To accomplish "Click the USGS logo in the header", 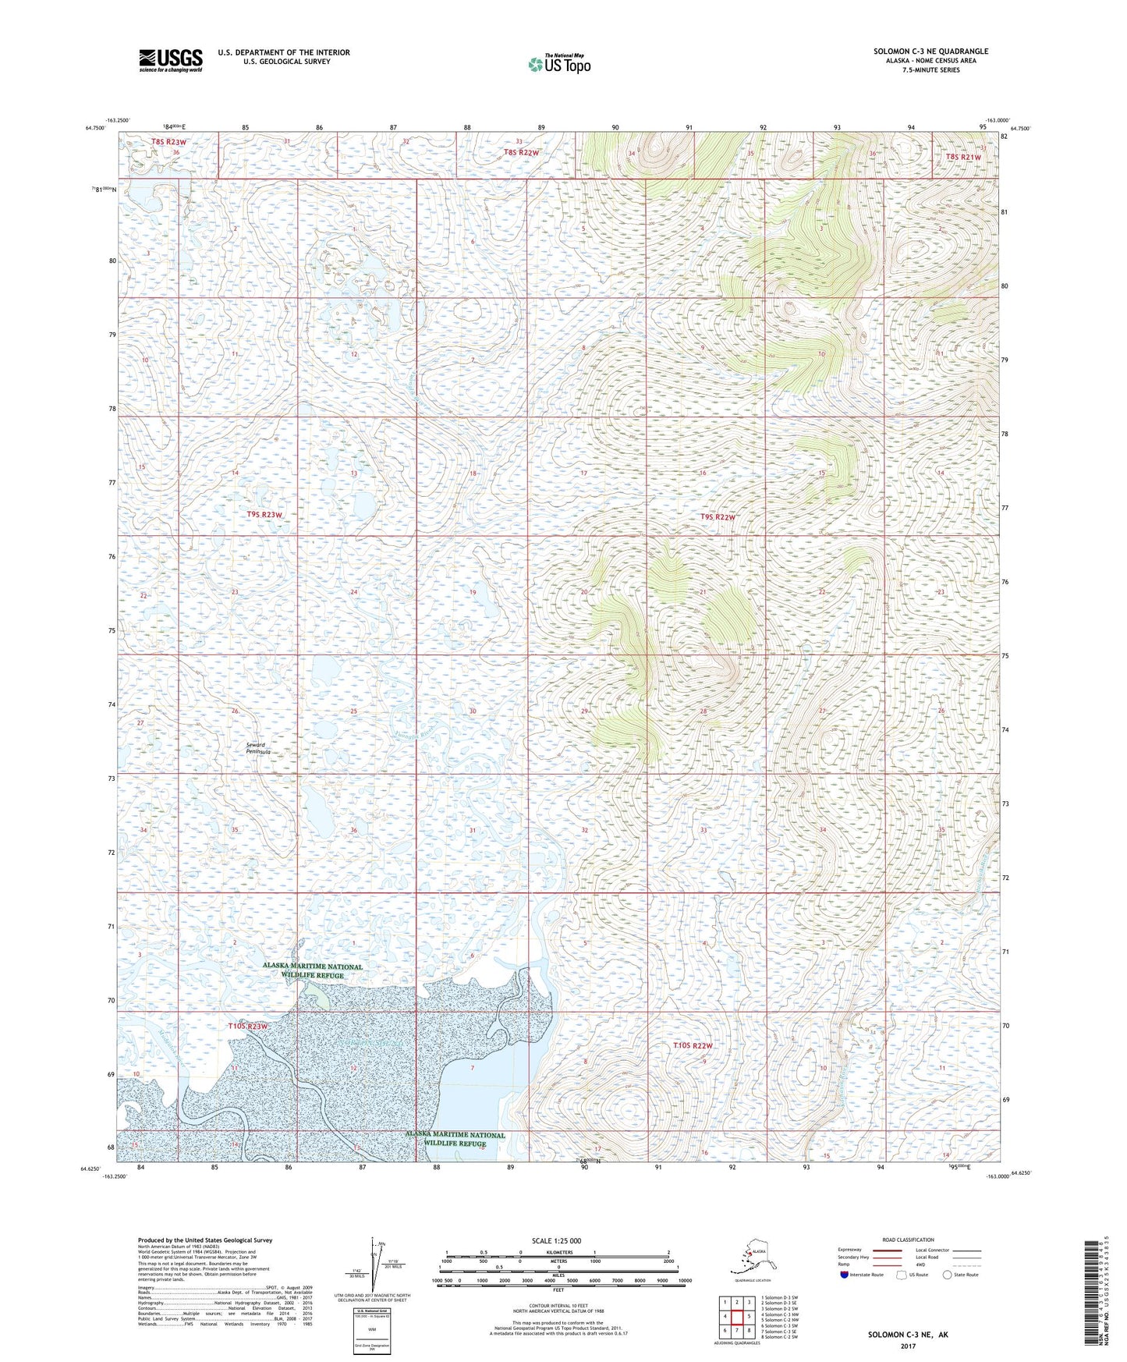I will click(x=170, y=60).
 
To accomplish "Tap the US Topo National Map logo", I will click(x=558, y=64).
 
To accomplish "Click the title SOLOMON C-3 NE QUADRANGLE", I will click(x=930, y=51).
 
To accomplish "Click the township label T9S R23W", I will click(x=264, y=515).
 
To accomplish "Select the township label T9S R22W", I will click(x=718, y=517).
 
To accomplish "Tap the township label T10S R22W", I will click(x=693, y=1045).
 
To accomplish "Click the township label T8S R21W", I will click(x=962, y=157).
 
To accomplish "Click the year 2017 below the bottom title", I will click(x=907, y=1346).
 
